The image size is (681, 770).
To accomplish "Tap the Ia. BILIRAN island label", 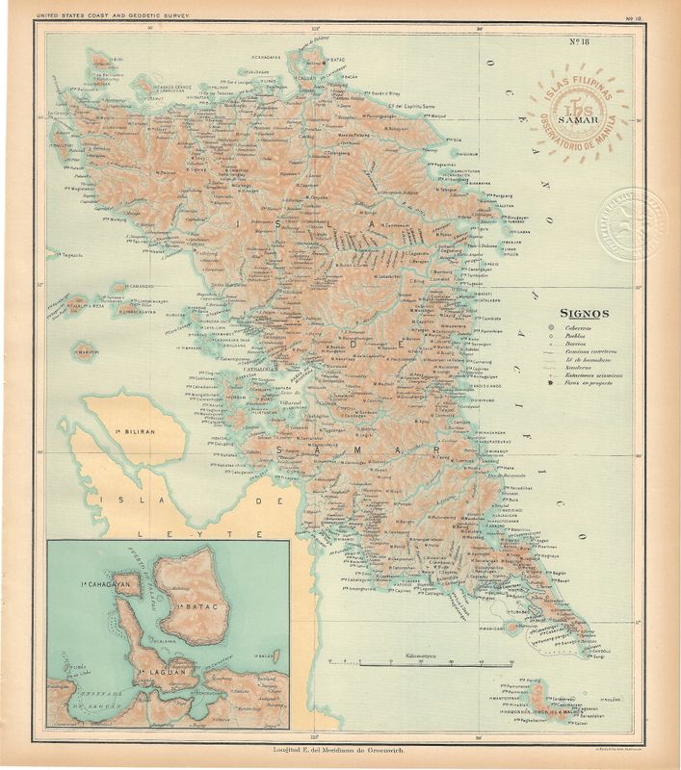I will pos(134,433).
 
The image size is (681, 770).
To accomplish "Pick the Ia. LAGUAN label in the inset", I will pos(155,669).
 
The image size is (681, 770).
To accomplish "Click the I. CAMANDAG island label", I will pos(137,288).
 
